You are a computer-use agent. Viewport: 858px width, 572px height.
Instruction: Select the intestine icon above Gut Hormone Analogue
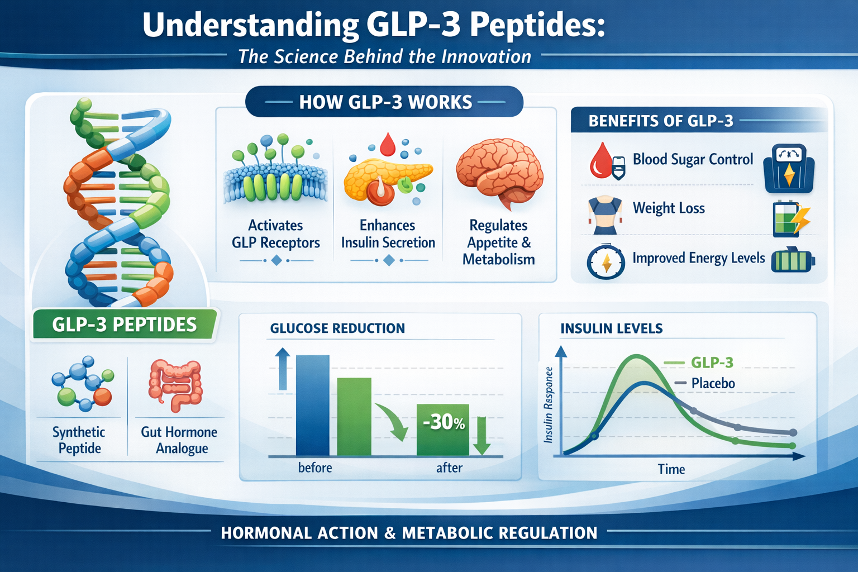click(x=175, y=385)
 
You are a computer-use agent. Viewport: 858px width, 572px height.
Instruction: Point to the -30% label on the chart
click(x=444, y=422)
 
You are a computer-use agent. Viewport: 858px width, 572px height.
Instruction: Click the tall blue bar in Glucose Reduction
click(x=312, y=405)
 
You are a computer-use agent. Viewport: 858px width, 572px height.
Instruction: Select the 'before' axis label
click(x=315, y=468)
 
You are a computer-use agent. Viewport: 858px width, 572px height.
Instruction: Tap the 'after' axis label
click(x=449, y=468)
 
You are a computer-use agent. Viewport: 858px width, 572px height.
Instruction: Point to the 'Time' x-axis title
click(x=671, y=469)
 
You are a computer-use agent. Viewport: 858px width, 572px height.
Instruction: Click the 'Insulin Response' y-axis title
click(x=549, y=405)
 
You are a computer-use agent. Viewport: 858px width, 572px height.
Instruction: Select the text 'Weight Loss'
click(x=669, y=208)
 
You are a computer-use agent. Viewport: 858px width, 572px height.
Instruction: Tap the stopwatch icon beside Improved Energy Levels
click(x=606, y=261)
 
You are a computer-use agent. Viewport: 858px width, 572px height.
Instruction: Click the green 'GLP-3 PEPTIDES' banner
click(x=124, y=325)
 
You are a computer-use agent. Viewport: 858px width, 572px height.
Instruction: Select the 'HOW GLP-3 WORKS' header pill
click(x=385, y=102)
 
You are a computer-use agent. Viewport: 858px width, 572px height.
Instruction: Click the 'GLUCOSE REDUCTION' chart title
click(x=337, y=328)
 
